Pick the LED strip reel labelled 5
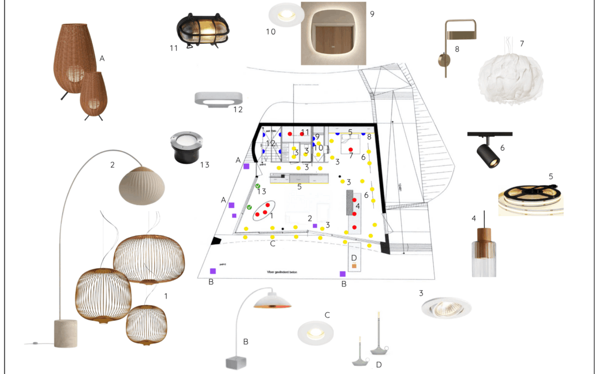[x=530, y=199]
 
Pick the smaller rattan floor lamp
[x=93, y=96]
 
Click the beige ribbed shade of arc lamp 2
[x=142, y=186]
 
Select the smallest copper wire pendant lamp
[x=146, y=324]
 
